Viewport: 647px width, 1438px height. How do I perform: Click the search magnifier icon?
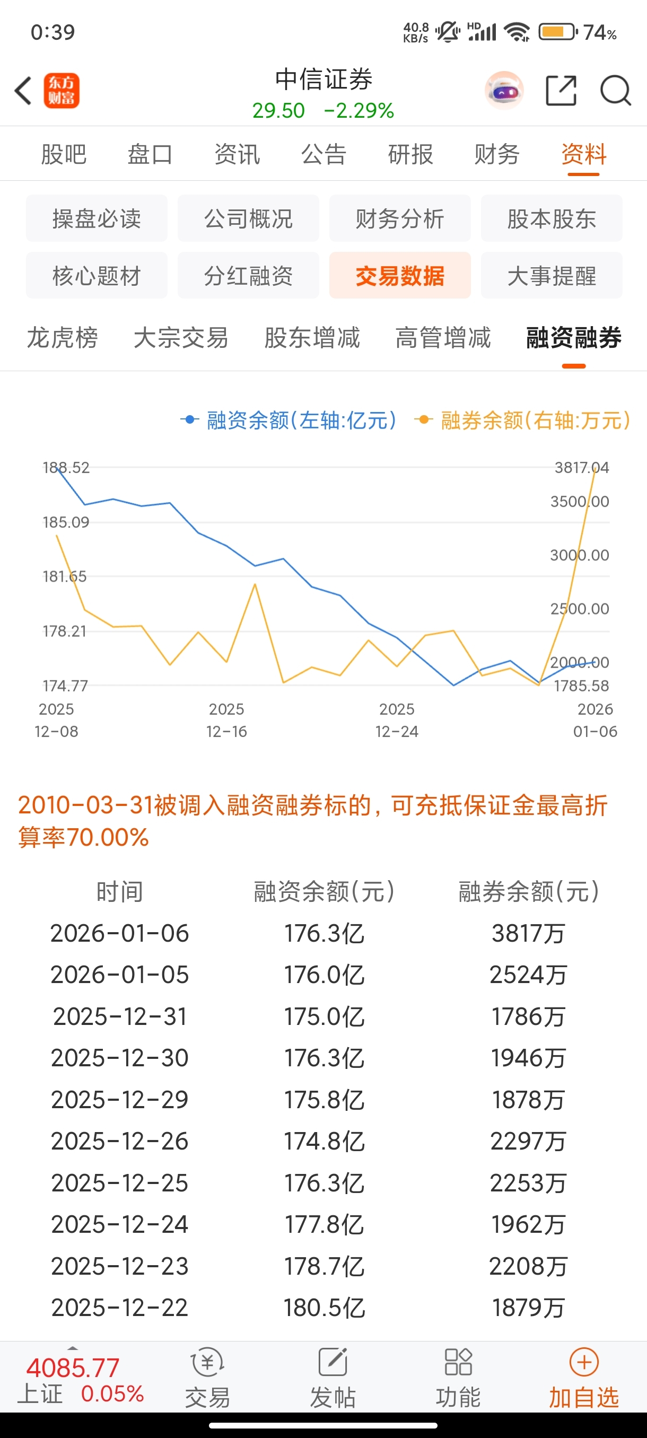pos(615,91)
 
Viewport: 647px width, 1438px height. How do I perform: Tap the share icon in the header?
pos(561,91)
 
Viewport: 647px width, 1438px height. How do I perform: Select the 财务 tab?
pos(497,154)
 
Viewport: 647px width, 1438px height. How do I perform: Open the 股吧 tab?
pos(64,154)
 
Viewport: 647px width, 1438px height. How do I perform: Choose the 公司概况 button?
pos(248,218)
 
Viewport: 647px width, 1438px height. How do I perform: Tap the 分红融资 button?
pos(248,275)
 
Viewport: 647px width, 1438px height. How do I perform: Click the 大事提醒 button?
pos(552,275)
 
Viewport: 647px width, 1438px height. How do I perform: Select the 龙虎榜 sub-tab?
pos(63,338)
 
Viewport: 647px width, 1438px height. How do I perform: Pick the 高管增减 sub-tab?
pos(443,338)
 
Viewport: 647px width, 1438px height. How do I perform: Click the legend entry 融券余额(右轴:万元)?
pos(523,420)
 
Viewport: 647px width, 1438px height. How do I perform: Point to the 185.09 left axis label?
pos(66,522)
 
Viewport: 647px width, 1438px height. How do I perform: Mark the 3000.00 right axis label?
pos(580,555)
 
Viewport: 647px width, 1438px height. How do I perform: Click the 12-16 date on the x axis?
pos(226,731)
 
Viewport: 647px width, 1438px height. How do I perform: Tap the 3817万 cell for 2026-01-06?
pos(528,933)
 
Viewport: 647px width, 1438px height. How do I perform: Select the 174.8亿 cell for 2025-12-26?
pos(325,1141)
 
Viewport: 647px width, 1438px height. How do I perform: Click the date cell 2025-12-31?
pos(120,1016)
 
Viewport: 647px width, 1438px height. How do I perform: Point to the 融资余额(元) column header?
pos(325,891)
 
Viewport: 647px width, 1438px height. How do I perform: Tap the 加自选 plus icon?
pos(584,1363)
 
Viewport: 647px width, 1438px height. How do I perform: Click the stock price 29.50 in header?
pos(278,110)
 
